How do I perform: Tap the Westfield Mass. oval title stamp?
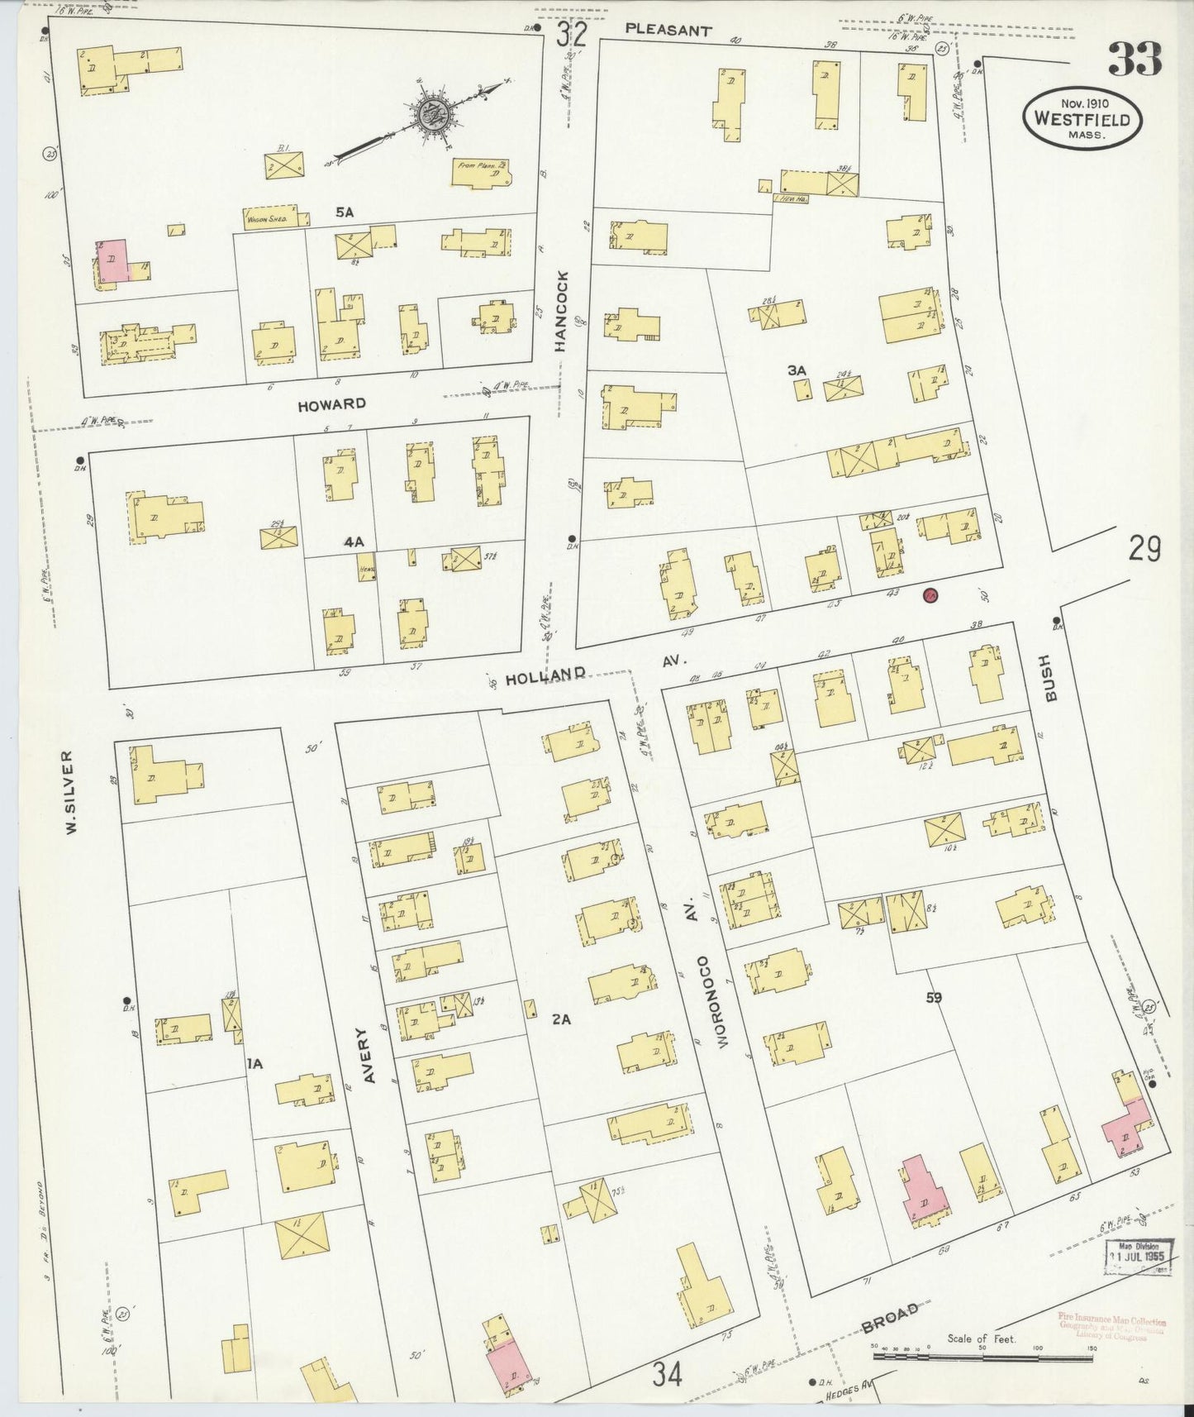coord(1082,118)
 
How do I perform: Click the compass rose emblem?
coord(431,115)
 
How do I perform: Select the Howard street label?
coord(331,403)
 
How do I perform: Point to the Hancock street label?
coord(563,313)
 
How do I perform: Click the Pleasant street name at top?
coord(668,30)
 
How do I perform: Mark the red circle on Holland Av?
coord(930,594)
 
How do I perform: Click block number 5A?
coord(344,212)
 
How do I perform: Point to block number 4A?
coord(354,542)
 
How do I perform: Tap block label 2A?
coord(561,1019)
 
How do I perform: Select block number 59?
coord(934,997)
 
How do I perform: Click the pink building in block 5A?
coord(113,260)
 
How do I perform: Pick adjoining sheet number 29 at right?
coord(1144,549)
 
